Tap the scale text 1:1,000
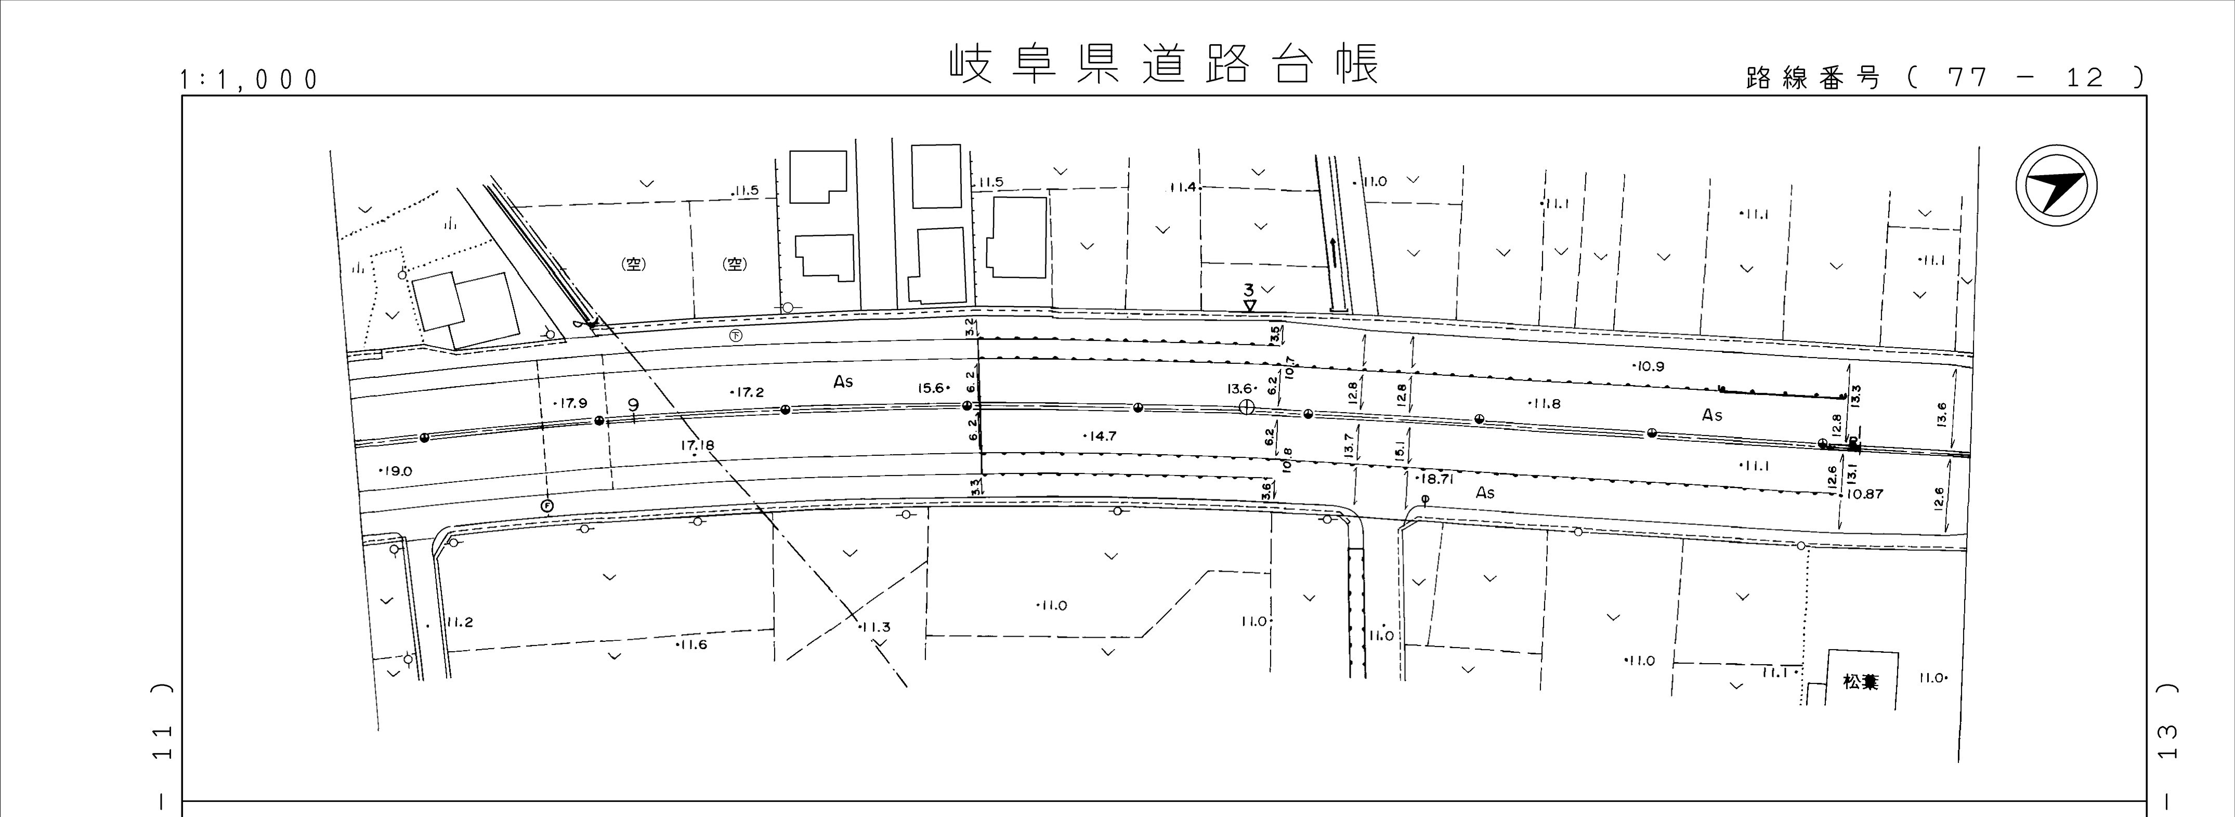pyautogui.click(x=249, y=81)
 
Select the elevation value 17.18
pyautogui.click(x=698, y=446)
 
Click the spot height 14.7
pyautogui.click(x=1100, y=436)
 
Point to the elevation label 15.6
pyautogui.click(x=933, y=389)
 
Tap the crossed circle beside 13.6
pyautogui.click(x=1247, y=407)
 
